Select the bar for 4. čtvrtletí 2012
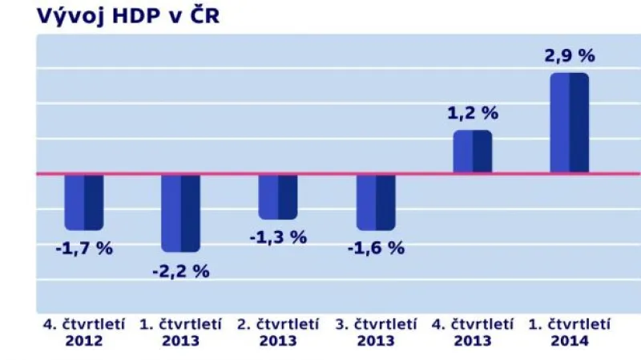coord(84,201)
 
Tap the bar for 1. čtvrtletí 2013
coord(180,212)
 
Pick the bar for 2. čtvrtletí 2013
coord(277,196)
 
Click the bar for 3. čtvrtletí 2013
coord(376,200)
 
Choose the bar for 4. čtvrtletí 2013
coord(473,152)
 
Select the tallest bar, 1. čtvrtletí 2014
coord(569,123)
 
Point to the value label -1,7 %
coord(84,248)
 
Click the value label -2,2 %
coord(180,271)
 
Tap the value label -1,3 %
coord(278,237)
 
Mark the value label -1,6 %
coord(376,248)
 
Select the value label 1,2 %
coord(473,113)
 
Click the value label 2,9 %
coord(570,56)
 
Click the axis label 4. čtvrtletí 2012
coord(84,332)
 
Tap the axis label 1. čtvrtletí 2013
coord(180,332)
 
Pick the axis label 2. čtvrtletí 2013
coord(278,332)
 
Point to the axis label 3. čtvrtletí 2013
coord(376,332)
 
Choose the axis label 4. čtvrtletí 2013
coord(473,332)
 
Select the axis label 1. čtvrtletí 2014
coord(570,332)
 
